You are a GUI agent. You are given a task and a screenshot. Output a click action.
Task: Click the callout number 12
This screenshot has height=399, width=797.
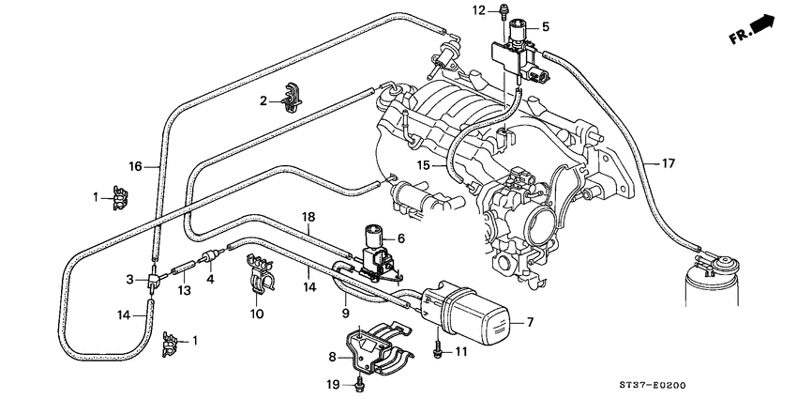point(477,10)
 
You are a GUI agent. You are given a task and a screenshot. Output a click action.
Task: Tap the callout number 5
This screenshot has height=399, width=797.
point(546,26)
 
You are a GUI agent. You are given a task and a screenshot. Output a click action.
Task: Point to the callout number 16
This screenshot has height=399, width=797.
point(135,166)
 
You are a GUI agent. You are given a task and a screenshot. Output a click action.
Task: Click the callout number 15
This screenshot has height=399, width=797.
point(424,164)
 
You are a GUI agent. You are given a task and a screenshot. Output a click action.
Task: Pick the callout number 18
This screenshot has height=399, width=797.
point(307,217)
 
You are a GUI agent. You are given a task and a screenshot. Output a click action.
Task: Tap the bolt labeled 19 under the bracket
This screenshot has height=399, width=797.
point(360,384)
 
